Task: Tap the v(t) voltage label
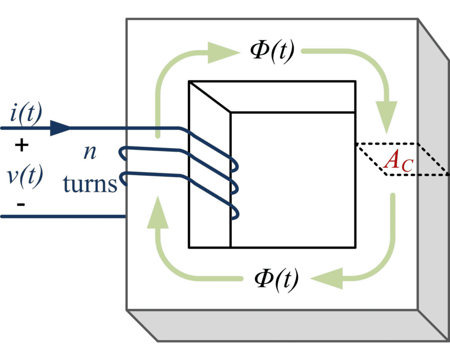pos(25,176)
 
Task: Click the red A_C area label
pos(397,161)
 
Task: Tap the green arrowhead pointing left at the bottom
pos(327,278)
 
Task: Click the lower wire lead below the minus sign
pos(62,216)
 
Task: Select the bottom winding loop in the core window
pos(235,213)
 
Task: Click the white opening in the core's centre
pos(292,180)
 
